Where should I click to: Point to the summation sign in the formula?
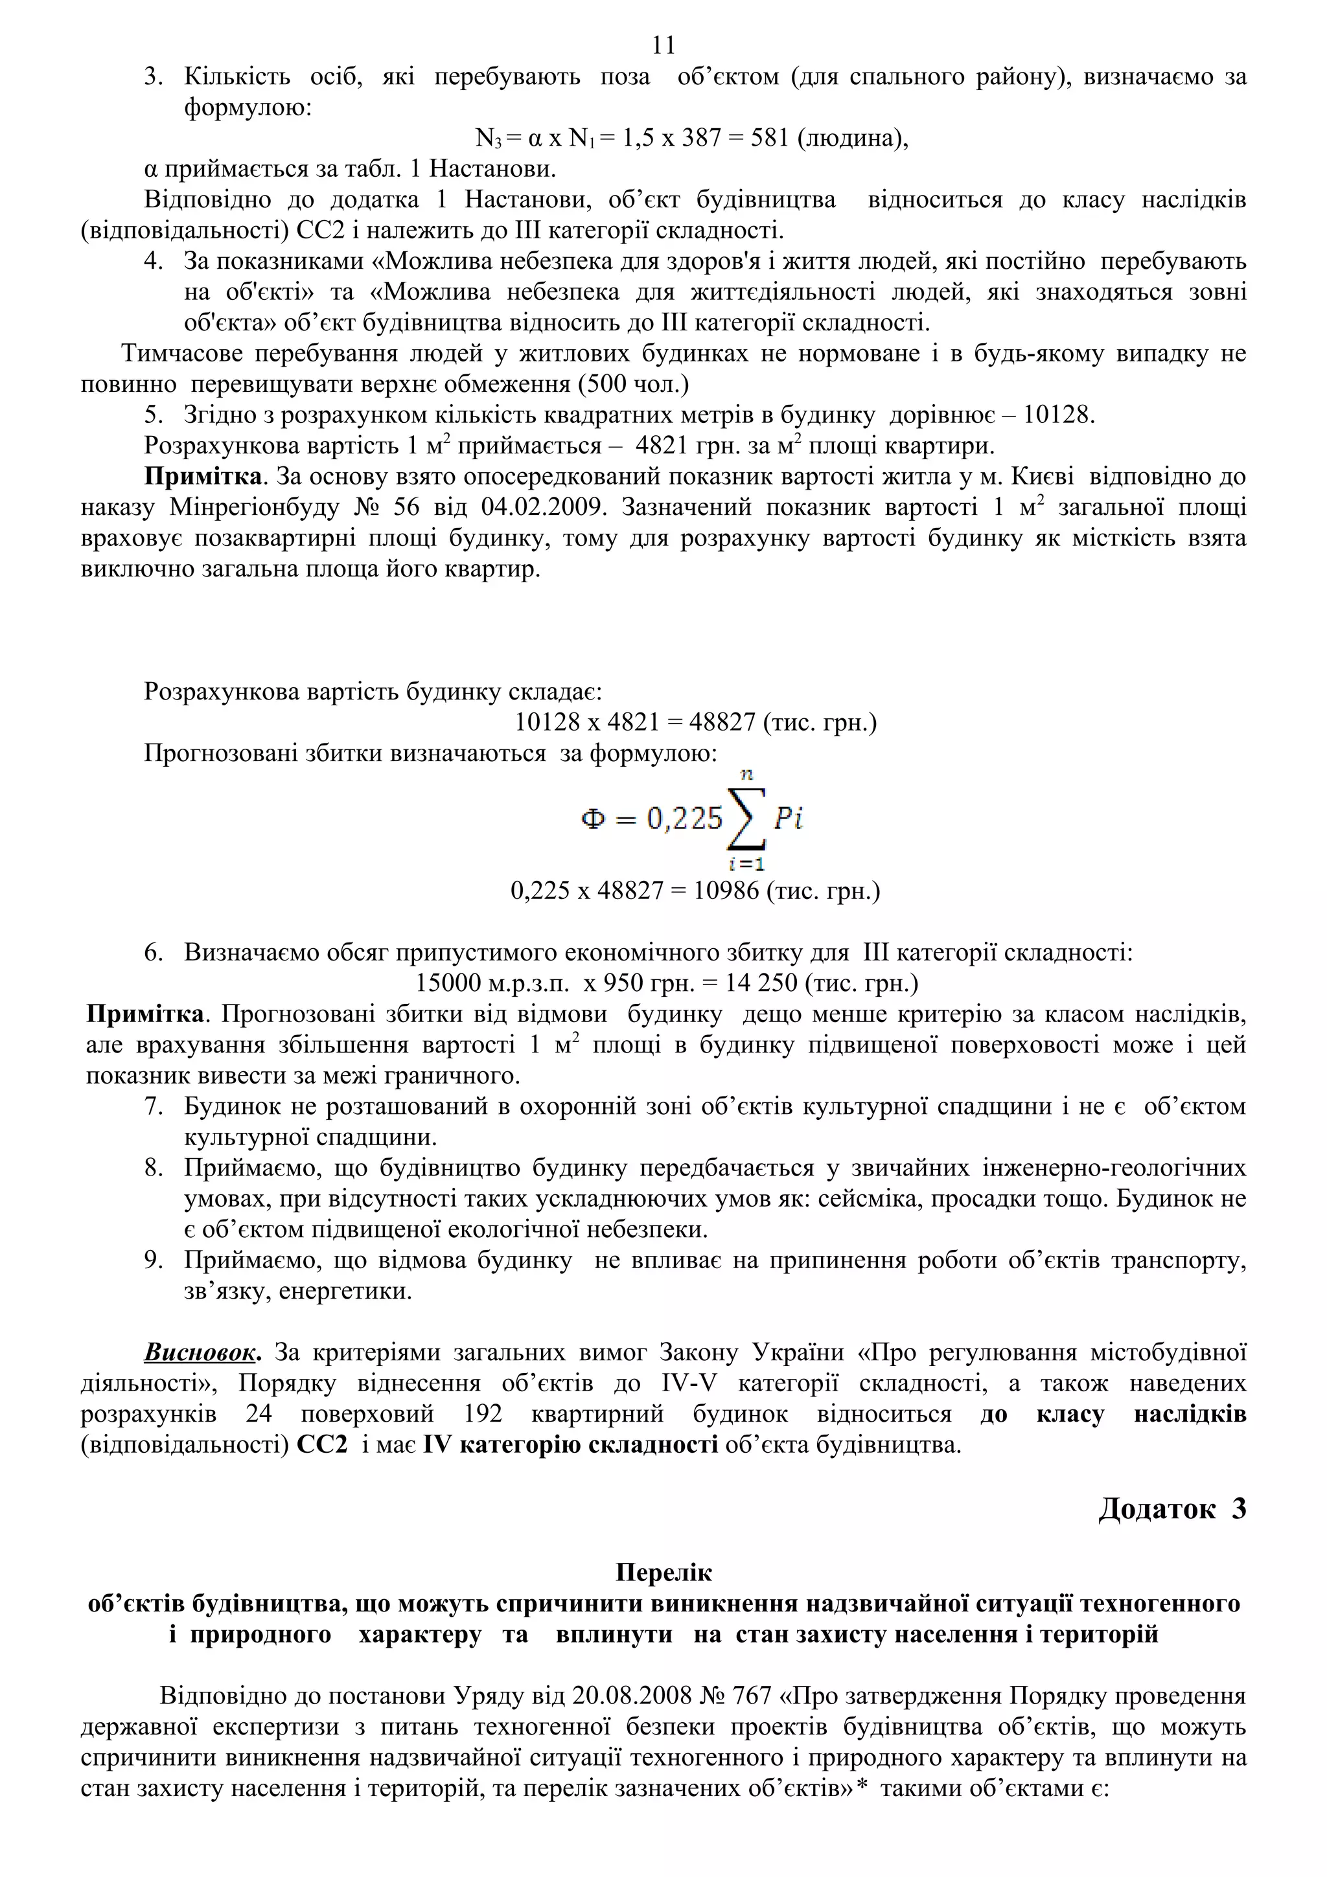(746, 819)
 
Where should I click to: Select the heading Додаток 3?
(1171, 1508)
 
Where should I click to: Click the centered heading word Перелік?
(663, 1572)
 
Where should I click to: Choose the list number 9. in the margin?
(154, 1260)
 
